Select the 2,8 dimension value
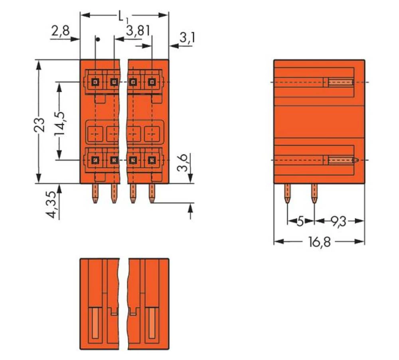point(60,31)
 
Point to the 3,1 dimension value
point(187,38)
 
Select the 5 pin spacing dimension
point(300,221)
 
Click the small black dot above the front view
point(97,39)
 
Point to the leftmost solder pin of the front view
point(95,193)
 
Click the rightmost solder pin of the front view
point(152,193)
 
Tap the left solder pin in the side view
point(287,193)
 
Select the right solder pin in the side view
point(314,193)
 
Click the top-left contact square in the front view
point(95,82)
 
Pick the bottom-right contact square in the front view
point(151,160)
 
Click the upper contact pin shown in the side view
point(340,83)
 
